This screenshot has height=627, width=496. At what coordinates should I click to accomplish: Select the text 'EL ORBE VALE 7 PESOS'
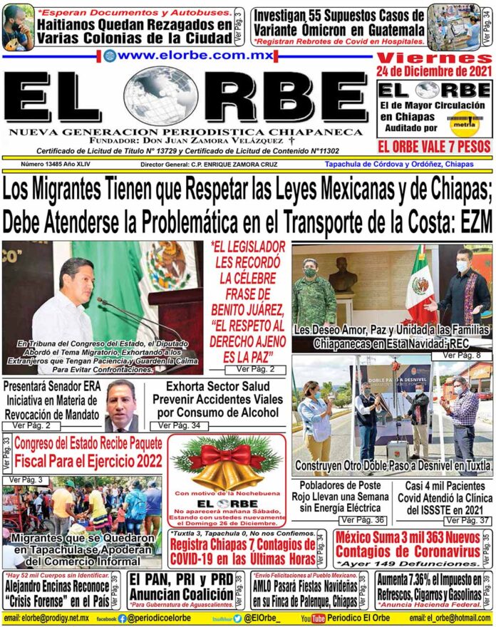point(433,147)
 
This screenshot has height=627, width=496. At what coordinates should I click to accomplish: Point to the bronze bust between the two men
point(343,274)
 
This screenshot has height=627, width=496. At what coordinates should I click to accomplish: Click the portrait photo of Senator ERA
point(120,405)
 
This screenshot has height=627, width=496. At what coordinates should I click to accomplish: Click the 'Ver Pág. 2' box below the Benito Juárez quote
point(254,370)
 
